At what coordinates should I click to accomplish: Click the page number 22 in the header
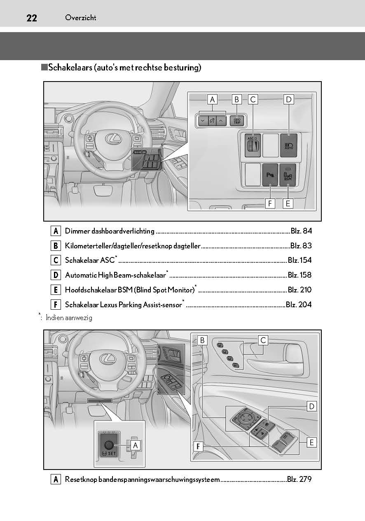[x=32, y=18]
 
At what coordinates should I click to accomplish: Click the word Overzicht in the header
[x=81, y=18]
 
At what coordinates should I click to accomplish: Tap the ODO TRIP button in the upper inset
[x=236, y=121]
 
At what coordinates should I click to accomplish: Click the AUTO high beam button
[x=288, y=145]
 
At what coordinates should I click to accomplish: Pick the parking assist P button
[x=270, y=175]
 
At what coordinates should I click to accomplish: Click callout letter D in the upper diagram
[x=288, y=99]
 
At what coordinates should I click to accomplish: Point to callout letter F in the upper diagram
[x=270, y=203]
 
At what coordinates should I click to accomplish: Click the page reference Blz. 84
[x=301, y=231]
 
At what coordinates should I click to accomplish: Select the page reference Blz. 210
[x=299, y=290]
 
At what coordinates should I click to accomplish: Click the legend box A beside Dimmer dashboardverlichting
[x=56, y=231]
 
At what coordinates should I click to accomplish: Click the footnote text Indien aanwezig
[x=69, y=318]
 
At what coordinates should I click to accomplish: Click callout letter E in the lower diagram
[x=312, y=442]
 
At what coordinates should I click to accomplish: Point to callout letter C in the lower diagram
[x=263, y=340]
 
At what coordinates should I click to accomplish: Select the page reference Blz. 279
[x=299, y=479]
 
